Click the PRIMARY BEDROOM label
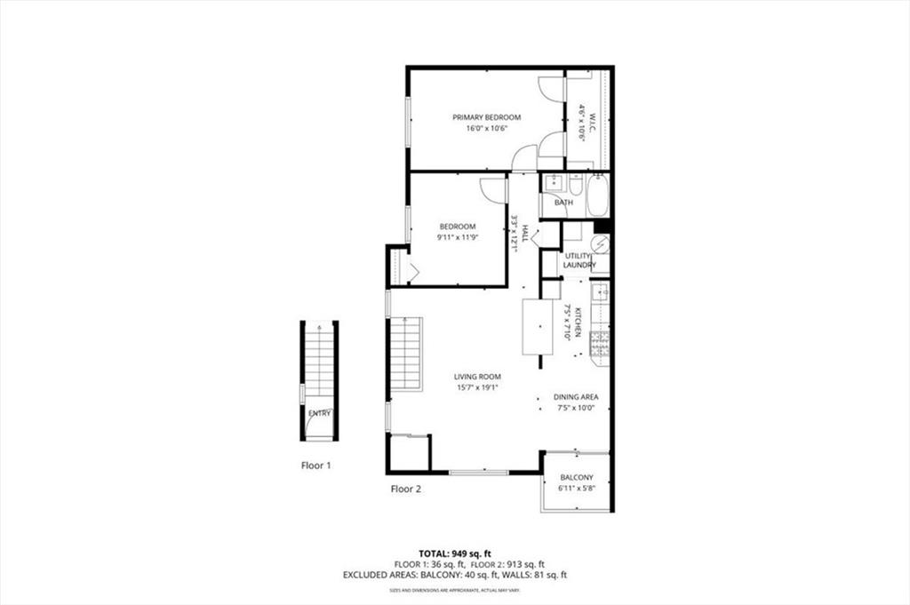(486, 117)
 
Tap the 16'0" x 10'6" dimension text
(486, 129)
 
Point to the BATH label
(563, 203)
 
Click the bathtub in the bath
(596, 195)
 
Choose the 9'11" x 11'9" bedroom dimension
(458, 237)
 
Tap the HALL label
(525, 234)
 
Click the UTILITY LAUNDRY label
(579, 260)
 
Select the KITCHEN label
(577, 322)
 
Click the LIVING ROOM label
(477, 377)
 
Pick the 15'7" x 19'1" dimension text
(477, 387)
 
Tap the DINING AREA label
(576, 397)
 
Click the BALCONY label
(577, 478)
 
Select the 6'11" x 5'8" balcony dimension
(577, 489)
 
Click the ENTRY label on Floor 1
(319, 414)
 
